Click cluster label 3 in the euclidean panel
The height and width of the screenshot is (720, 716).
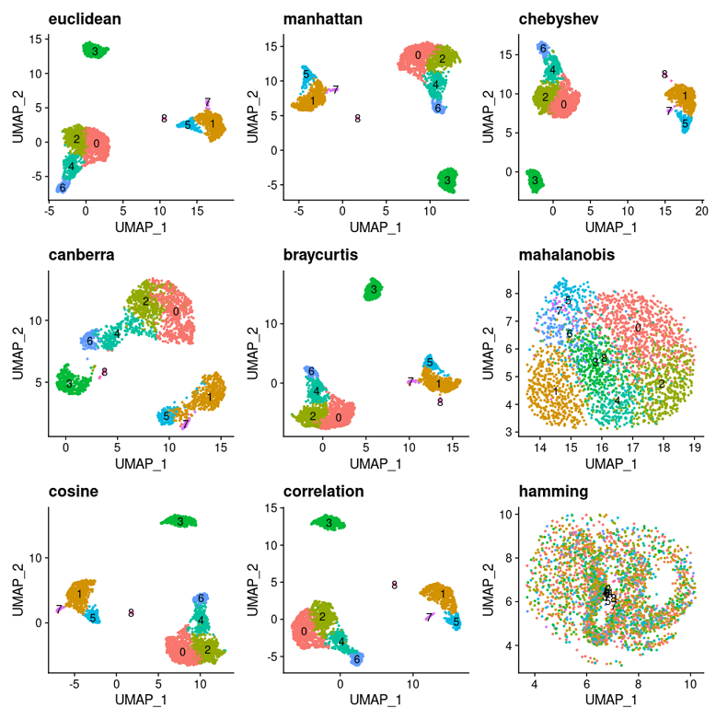[x=95, y=51]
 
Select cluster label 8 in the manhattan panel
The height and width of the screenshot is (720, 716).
[x=357, y=119]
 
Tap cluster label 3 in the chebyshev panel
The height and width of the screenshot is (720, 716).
[x=534, y=181]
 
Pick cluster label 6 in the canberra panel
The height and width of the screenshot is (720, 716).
[x=89, y=342]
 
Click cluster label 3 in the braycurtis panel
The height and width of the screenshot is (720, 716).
[x=372, y=292]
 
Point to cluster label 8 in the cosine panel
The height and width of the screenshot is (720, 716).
[x=131, y=613]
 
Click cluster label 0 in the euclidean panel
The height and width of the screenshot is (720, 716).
[x=95, y=143]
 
